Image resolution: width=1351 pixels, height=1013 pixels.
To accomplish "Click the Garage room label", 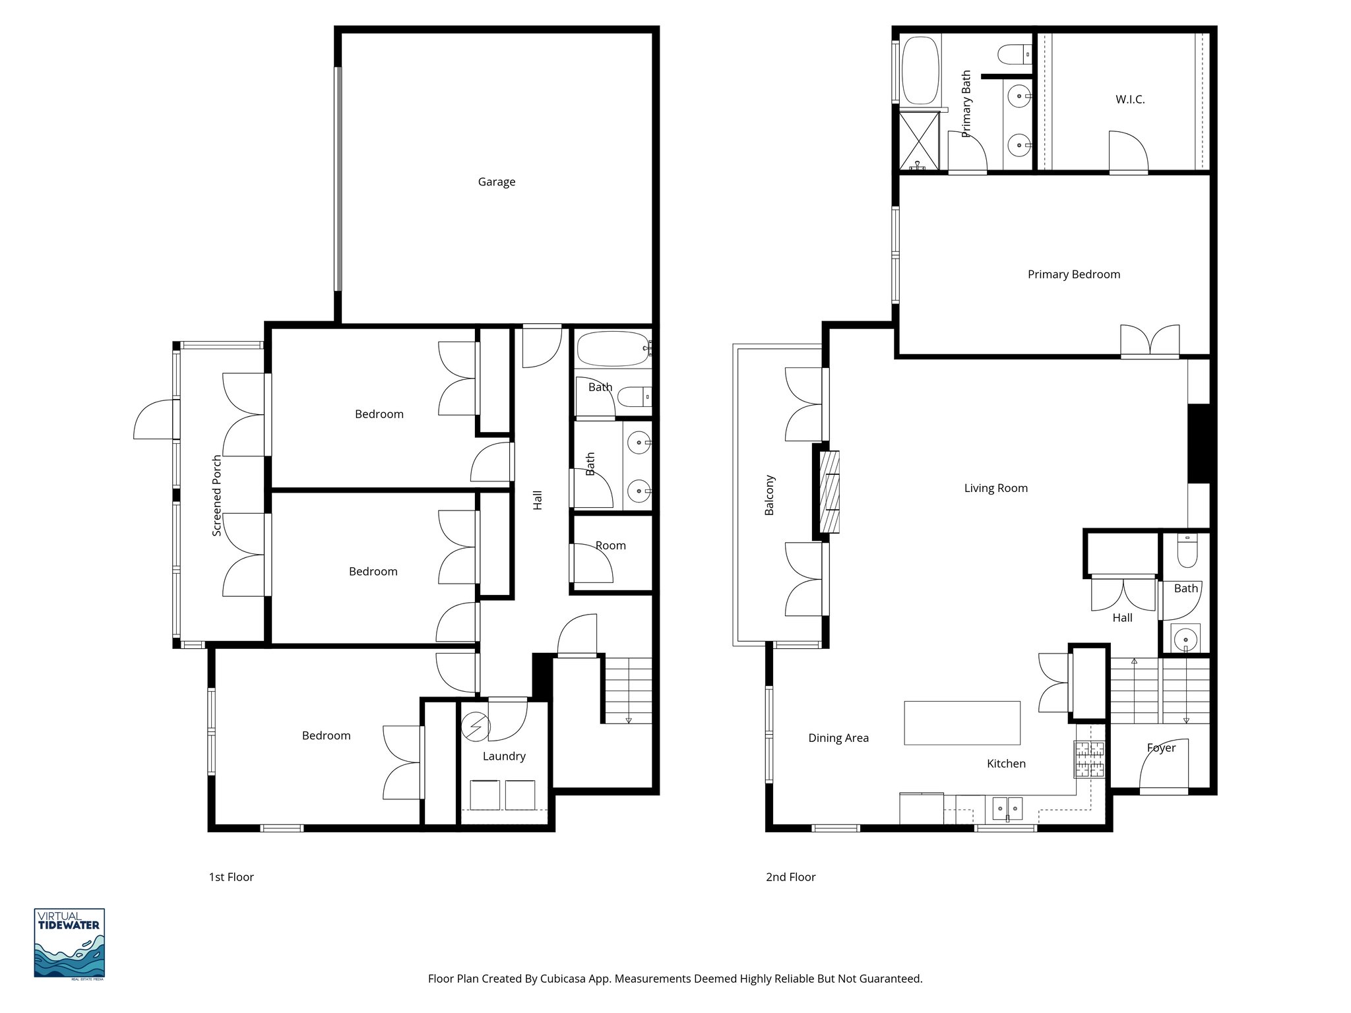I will coord(496,182).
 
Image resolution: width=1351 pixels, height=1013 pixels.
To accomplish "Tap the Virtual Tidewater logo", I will coord(69,943).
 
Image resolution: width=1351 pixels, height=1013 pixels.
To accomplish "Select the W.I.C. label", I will coord(1130,100).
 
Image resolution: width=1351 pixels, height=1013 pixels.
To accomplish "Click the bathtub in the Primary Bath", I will coord(920,71).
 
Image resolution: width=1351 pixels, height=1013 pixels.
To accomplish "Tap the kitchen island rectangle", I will coord(962,723).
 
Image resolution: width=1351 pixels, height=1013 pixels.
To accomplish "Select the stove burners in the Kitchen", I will coord(1088,759).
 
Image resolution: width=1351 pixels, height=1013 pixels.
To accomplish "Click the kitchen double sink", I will coord(1007,807).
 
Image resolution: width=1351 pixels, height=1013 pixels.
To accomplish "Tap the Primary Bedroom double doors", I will coord(1150,340).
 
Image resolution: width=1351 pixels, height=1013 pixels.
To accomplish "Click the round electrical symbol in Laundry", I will coord(476,727).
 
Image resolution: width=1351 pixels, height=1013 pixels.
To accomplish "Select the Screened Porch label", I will coord(217,495).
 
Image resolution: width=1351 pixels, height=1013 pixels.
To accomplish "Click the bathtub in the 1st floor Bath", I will coord(612,348).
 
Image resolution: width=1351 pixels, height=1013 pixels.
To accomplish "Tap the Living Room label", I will coord(995,488).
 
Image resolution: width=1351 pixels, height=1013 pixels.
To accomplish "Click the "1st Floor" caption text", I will coord(231,877).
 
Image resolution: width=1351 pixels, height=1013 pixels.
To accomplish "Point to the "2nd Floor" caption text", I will coord(790,877).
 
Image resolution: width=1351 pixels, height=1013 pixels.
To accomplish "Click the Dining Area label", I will coord(838,738).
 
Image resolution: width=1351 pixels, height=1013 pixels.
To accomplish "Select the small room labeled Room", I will coord(611,546).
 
